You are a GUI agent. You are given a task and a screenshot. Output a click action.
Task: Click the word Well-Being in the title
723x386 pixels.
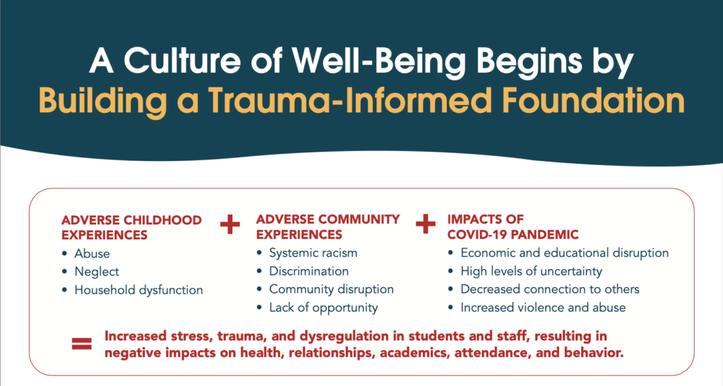[x=378, y=61]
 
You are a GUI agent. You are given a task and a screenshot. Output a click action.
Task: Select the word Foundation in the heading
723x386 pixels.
[x=593, y=101]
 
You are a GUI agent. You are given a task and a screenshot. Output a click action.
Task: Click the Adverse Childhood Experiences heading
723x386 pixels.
[x=131, y=227]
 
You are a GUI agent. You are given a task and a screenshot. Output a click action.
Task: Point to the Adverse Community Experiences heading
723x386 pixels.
[x=328, y=227]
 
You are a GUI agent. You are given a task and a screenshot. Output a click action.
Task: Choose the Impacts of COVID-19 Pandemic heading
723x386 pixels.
[x=513, y=227]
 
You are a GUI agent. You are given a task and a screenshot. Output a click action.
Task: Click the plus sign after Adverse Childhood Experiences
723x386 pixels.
[x=229, y=224]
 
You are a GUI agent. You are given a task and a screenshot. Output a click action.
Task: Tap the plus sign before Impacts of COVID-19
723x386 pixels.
[x=425, y=224]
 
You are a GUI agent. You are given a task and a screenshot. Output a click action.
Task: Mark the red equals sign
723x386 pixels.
[x=82, y=344]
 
